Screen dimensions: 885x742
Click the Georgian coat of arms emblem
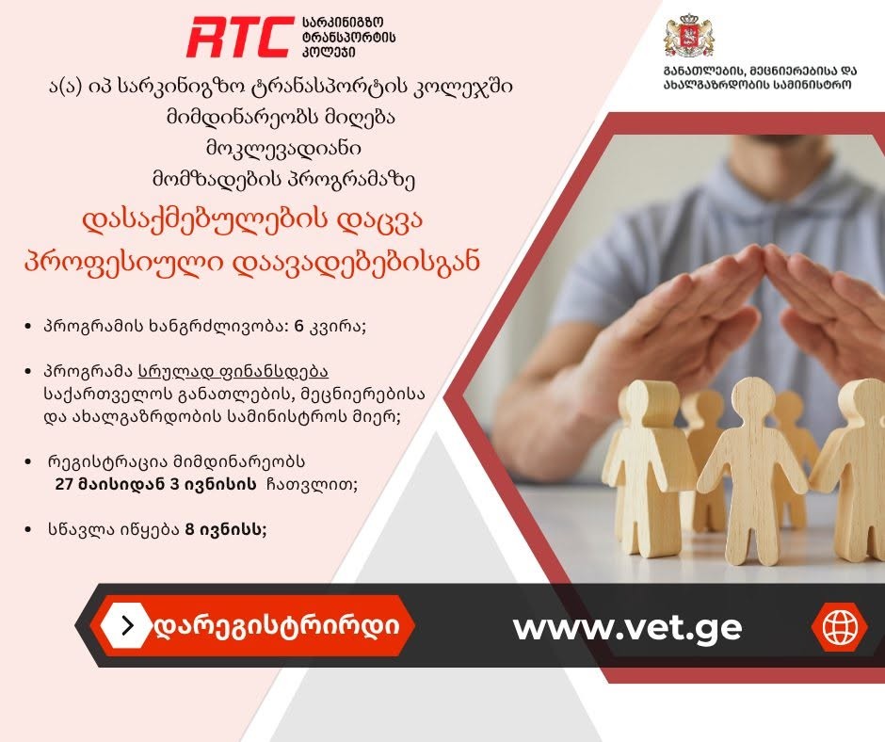coord(688,36)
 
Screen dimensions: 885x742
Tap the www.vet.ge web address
coord(627,627)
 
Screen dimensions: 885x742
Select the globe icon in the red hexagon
coord(839,626)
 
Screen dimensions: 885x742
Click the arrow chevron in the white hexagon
coord(128,625)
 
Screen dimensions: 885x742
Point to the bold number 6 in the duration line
coord(299,327)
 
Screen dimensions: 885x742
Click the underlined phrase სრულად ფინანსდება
coord(233,372)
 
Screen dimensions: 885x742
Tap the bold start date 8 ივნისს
coord(226,530)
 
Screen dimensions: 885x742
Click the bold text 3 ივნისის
coord(214,485)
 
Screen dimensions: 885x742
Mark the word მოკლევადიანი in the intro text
coord(283,149)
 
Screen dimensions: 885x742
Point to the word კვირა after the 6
coord(337,328)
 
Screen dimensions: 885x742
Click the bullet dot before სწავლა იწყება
coord(28,530)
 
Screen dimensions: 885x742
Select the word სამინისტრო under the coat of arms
coord(813,85)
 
